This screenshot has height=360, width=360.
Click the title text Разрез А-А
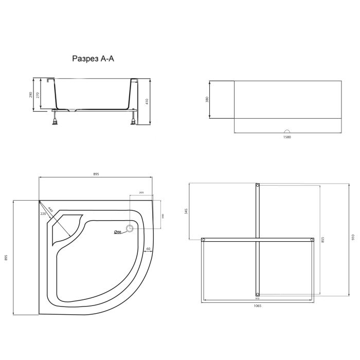click(x=94, y=59)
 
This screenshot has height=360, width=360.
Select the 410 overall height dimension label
click(x=147, y=101)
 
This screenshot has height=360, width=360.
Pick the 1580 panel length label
click(x=287, y=137)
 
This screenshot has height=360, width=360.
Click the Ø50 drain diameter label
click(x=117, y=232)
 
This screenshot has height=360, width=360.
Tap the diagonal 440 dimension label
click(x=50, y=210)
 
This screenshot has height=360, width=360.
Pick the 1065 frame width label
click(x=258, y=307)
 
